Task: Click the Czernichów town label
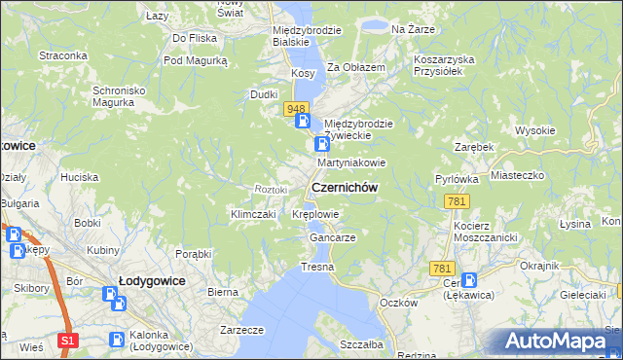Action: pyautogui.click(x=344, y=187)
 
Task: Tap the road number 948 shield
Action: pyautogui.click(x=297, y=108)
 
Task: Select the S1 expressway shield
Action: pyautogui.click(x=66, y=340)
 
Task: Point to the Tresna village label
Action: pyautogui.click(x=317, y=267)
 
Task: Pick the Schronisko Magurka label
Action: pyautogui.click(x=119, y=96)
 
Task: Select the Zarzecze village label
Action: pyautogui.click(x=242, y=330)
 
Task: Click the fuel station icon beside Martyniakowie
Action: pyautogui.click(x=321, y=144)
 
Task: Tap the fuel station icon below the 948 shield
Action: pyautogui.click(x=304, y=122)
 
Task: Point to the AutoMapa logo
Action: pyautogui.click(x=559, y=342)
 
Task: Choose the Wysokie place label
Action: pyautogui.click(x=534, y=130)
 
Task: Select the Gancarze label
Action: pyautogui.click(x=332, y=237)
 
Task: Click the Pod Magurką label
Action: pyautogui.click(x=195, y=60)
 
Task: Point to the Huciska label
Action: pyautogui.click(x=79, y=177)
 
